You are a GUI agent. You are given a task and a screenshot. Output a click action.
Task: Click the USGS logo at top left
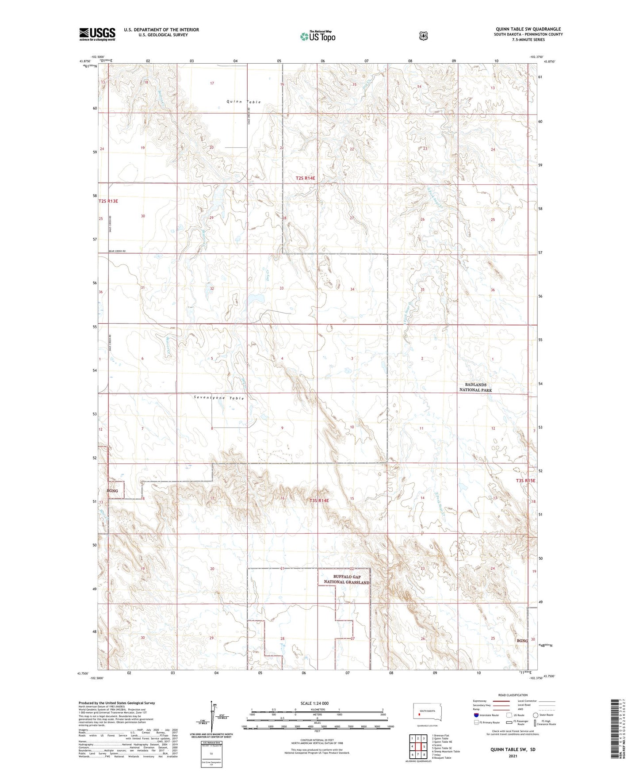point(97,34)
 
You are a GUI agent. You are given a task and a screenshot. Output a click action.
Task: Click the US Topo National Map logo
point(318,36)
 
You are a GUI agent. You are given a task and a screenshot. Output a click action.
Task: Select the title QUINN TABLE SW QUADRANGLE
point(528,29)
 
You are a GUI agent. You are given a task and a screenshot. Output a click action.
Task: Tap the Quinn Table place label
point(244,102)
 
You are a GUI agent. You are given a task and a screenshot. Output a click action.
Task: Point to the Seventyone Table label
point(219,398)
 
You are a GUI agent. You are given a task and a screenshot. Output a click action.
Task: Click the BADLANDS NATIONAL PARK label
point(475,387)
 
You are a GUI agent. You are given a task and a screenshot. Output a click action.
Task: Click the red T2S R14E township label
point(306,178)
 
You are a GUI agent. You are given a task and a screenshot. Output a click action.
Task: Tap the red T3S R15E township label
point(525,480)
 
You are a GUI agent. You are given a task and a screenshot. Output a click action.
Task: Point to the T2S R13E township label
point(108,201)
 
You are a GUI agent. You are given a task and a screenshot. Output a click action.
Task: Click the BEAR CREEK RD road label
point(117,251)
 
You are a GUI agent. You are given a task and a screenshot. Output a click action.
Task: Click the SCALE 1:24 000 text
point(314,703)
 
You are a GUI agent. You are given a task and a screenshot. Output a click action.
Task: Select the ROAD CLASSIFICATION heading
point(513,695)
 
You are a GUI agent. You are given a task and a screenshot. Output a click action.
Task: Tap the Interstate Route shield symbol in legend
point(476,715)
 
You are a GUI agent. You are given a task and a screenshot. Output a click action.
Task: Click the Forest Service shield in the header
point(424,36)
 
